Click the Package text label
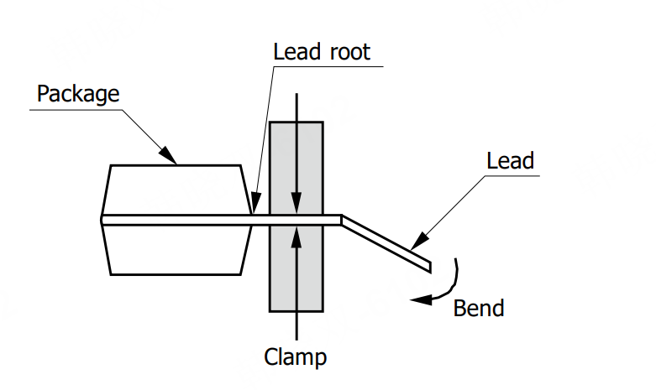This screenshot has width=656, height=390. click(x=78, y=93)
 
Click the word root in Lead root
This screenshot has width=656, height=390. click(x=348, y=51)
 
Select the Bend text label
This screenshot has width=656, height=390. click(x=479, y=308)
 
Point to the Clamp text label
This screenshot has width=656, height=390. click(x=295, y=357)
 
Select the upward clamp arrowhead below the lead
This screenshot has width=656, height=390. click(x=296, y=233)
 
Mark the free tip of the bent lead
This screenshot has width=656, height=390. click(x=428, y=267)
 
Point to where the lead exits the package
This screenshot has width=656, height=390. click(x=252, y=220)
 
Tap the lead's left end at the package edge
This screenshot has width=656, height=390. click(x=103, y=220)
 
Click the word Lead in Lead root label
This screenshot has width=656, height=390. click(x=296, y=51)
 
